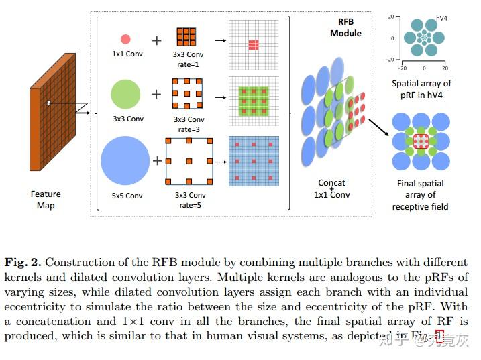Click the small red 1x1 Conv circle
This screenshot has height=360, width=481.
click(x=125, y=40)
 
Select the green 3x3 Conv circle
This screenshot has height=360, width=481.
click(x=125, y=93)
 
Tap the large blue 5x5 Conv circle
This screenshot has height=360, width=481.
click(x=125, y=161)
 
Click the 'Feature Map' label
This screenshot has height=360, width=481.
click(x=45, y=199)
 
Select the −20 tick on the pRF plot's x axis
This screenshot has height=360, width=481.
click(x=403, y=68)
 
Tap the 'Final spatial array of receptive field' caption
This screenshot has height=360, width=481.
click(x=421, y=195)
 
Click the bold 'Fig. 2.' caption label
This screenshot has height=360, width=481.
click(x=23, y=262)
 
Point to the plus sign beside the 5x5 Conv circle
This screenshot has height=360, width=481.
click(x=157, y=161)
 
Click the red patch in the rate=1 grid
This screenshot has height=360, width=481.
click(x=253, y=44)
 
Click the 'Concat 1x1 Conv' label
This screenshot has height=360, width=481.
click(x=332, y=188)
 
